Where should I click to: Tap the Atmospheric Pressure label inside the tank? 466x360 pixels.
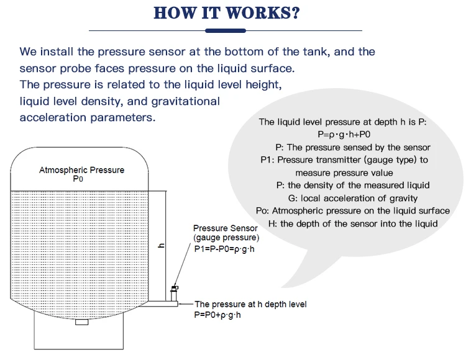coord(81,170)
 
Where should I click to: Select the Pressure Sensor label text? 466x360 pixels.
coord(225,228)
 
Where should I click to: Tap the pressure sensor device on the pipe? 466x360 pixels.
coord(175,289)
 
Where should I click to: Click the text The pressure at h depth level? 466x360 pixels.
coord(250,304)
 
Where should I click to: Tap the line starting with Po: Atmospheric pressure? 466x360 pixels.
coord(352,210)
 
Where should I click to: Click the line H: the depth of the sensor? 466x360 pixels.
coord(352,223)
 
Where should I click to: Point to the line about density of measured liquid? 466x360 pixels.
coord(352,185)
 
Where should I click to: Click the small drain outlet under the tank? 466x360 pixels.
coord(81,322)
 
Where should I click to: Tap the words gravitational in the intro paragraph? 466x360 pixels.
coord(181,101)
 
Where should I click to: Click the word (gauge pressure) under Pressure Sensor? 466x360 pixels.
coord(226,238)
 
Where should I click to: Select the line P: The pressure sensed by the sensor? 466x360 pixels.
coord(352,147)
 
